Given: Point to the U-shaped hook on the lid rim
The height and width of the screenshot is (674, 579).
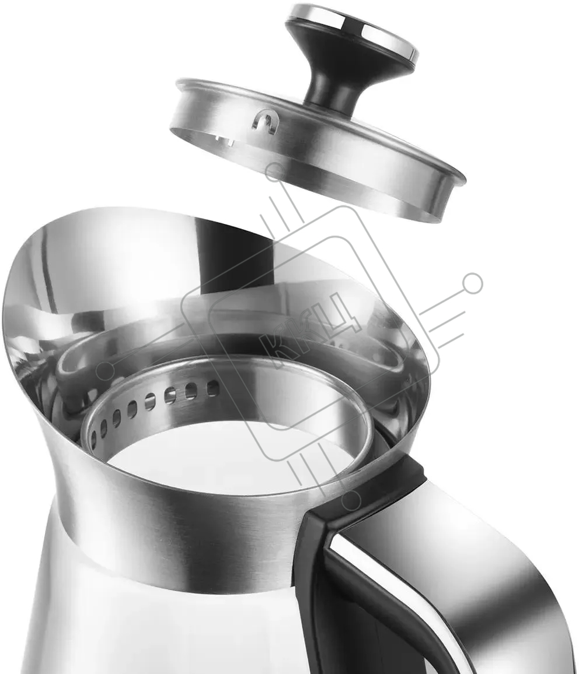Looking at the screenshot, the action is [x=263, y=123].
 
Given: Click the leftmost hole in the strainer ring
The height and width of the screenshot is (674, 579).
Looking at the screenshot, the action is [x=93, y=437].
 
